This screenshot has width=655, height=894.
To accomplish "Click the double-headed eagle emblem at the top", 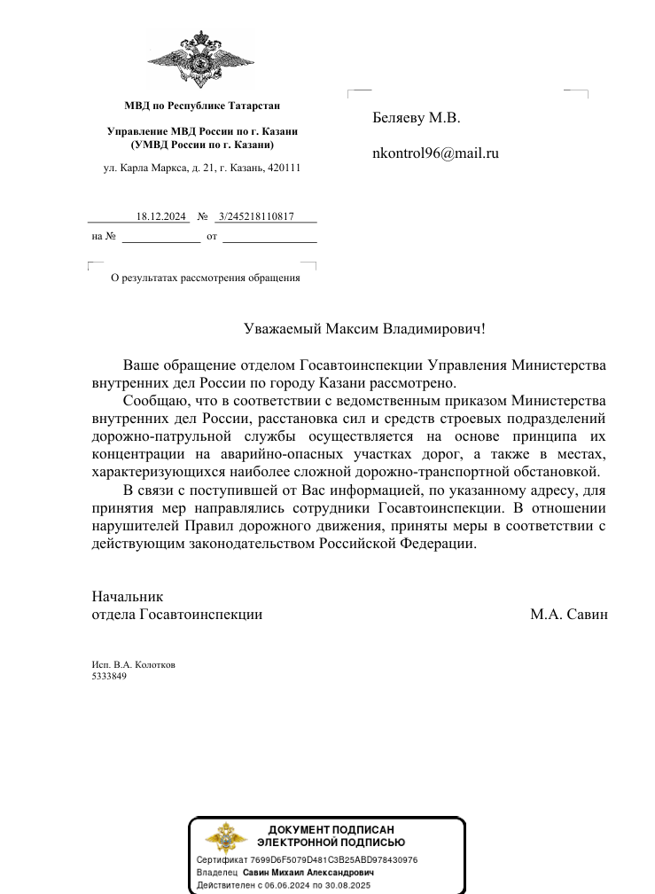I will [x=201, y=59].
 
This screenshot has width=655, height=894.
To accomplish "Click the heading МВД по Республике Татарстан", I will [x=202, y=106].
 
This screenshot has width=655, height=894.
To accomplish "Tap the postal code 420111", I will [x=283, y=167].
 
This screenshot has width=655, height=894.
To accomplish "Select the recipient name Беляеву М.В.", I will [x=417, y=118].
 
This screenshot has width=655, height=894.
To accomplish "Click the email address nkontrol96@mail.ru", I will [x=436, y=153].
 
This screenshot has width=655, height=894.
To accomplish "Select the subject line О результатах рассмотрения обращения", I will [x=205, y=278].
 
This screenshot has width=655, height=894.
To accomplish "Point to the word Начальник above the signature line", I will [x=127, y=597].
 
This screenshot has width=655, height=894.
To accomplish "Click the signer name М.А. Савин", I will [x=569, y=614].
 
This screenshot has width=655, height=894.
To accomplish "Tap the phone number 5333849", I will [x=109, y=676].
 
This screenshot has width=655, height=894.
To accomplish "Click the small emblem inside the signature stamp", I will [x=226, y=836].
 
